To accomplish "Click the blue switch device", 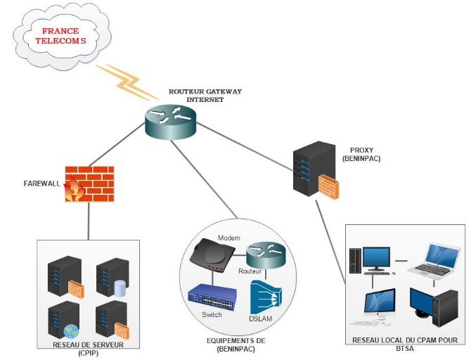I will click(216, 298).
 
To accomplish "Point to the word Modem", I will click(229, 238).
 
